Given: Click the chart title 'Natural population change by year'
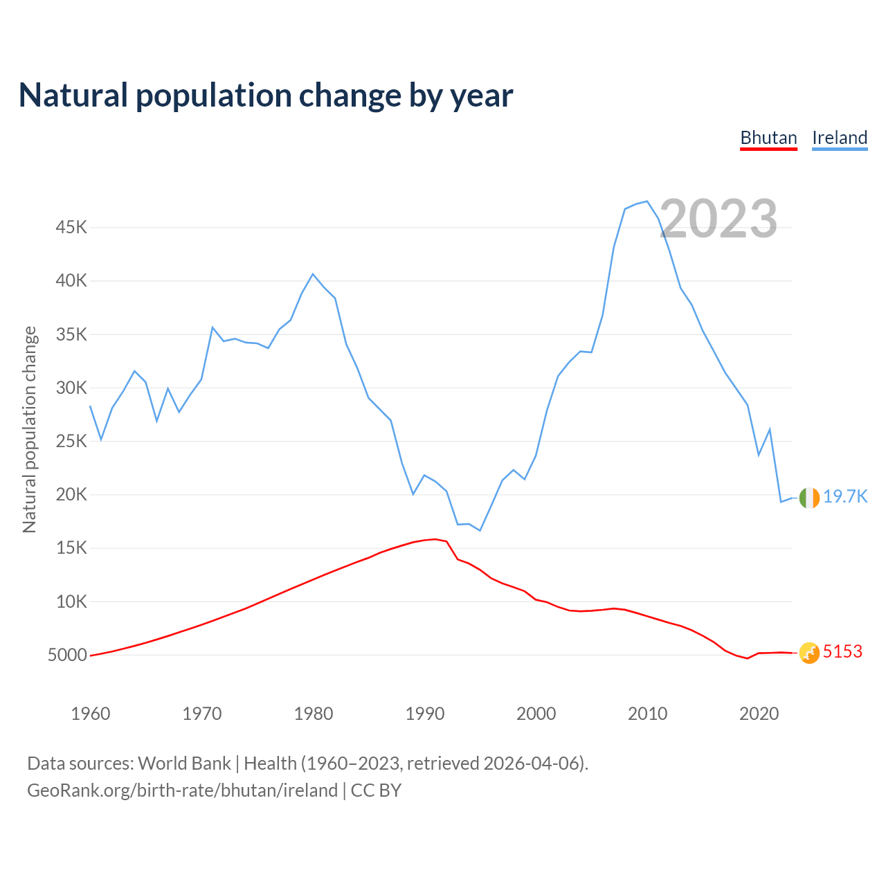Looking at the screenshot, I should click(x=266, y=96).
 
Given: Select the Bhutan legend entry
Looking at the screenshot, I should click(x=768, y=138).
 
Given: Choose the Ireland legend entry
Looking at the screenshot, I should click(x=840, y=138).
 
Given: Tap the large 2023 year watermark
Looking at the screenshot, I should click(x=718, y=219).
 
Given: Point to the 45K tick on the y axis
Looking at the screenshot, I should click(x=71, y=228).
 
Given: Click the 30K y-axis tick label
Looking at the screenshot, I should click(x=71, y=388).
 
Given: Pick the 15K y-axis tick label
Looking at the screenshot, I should click(x=71, y=548).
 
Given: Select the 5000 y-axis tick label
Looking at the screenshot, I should click(x=67, y=655).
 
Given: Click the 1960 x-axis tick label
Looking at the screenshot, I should click(x=91, y=714).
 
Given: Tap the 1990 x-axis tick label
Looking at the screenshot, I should click(x=425, y=714).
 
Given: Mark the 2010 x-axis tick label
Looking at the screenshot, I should click(x=647, y=714).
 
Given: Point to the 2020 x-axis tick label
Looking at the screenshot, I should click(x=759, y=714).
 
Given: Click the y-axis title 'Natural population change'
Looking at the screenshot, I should click(x=30, y=429).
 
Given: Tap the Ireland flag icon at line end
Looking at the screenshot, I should click(x=809, y=498).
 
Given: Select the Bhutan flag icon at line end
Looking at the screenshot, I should click(x=809, y=653).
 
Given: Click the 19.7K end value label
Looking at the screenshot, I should click(x=845, y=497).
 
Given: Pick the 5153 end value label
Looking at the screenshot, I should click(x=842, y=652).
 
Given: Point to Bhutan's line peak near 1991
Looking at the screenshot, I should click(x=435, y=539).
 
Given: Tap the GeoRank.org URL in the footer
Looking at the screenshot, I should click(x=182, y=790).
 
